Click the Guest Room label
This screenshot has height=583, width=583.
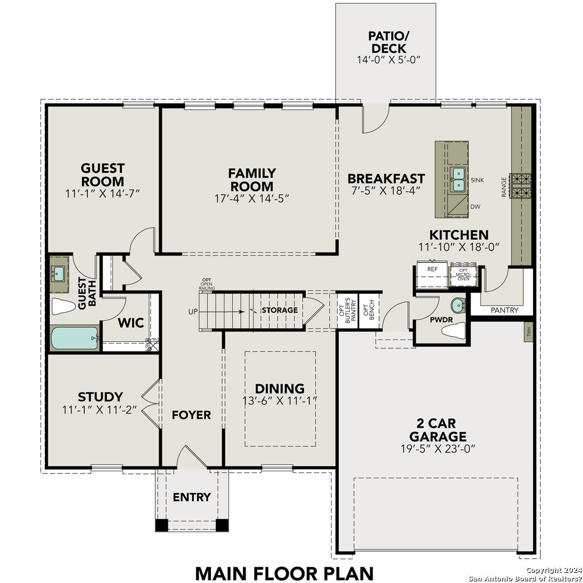tap(103, 175)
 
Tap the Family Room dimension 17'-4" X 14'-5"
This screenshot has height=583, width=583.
tap(252, 198)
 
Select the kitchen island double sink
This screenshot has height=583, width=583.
tap(458, 180)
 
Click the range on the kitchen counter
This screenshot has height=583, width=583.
tap(521, 185)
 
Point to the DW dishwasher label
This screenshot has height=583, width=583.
tap(476, 207)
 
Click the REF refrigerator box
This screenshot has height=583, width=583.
tap(432, 275)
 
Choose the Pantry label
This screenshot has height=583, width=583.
tap(504, 310)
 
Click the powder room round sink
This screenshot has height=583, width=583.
tap(458, 306)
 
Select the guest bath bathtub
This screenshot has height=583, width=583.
tap(74, 338)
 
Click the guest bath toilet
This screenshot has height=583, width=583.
tap(63, 307)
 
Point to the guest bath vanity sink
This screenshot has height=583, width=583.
tap(59, 274)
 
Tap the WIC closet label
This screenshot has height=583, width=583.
tap(131, 323)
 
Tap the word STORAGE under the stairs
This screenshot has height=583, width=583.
tap(280, 310)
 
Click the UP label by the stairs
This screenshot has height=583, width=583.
tap(193, 311)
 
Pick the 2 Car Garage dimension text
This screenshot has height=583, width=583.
tap(437, 449)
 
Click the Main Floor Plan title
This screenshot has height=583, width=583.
tap(284, 573)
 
